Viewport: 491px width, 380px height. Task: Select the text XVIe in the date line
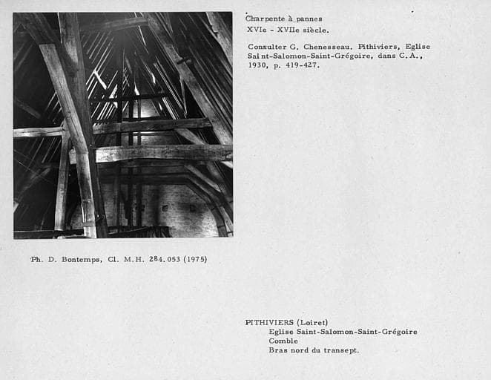(257, 30)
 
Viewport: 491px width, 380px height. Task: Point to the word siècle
(314, 30)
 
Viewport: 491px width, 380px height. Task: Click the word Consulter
(268, 47)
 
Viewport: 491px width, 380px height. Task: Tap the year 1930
(257, 65)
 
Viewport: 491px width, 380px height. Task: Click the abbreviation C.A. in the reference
(410, 56)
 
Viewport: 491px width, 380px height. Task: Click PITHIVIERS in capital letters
(269, 322)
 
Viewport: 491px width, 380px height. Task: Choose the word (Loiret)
(312, 322)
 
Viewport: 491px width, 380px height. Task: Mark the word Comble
(283, 341)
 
